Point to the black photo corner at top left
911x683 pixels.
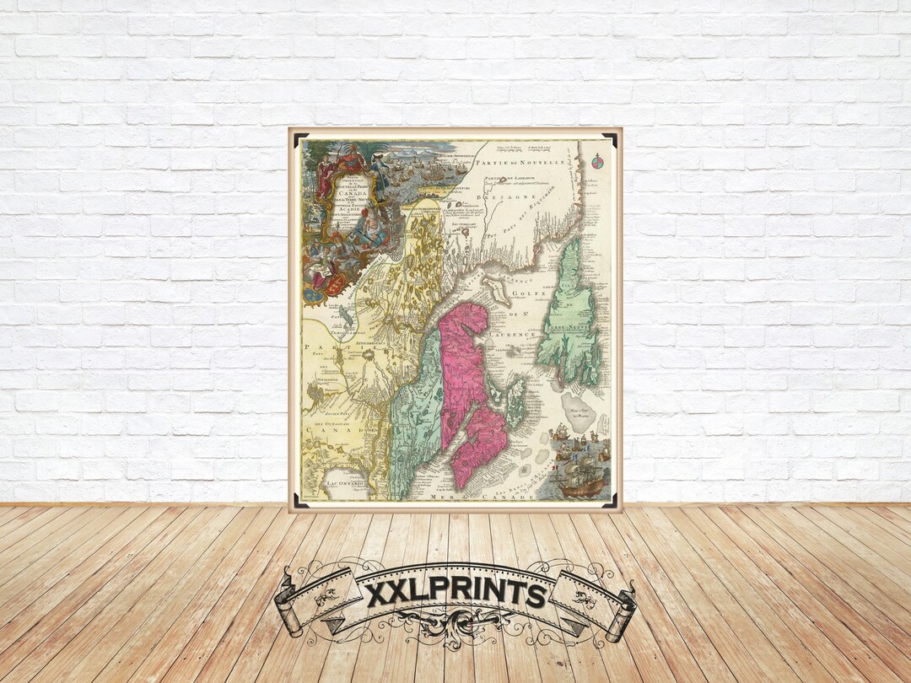(301, 140)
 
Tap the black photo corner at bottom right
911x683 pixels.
(609, 498)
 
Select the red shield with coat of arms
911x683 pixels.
(335, 284)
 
